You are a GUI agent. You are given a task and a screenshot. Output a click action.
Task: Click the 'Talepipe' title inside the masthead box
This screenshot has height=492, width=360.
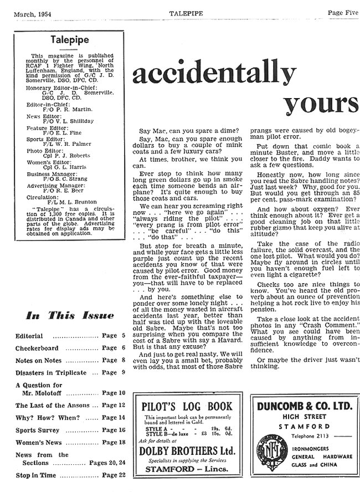point(66,39)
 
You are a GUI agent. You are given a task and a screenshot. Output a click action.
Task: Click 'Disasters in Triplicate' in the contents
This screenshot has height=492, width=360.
point(51,372)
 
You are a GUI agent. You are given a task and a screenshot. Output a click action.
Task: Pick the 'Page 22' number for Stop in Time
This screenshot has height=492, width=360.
point(110,475)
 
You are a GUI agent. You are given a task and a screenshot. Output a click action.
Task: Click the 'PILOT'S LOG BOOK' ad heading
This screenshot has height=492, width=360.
point(187,406)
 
